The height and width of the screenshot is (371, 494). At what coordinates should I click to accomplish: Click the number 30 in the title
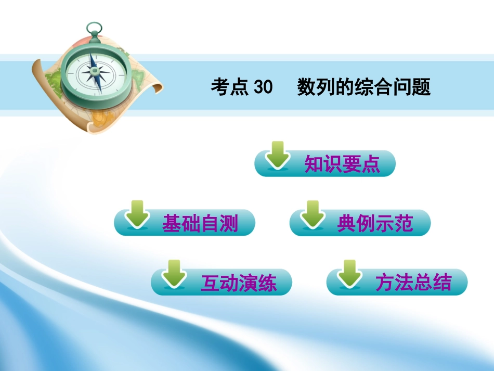pos(263,87)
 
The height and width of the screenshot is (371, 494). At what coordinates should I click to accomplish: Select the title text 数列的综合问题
pos(364,87)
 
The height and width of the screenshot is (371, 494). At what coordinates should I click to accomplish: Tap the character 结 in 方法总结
pos(443,283)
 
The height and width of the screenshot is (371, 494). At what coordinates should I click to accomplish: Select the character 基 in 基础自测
pos(171,224)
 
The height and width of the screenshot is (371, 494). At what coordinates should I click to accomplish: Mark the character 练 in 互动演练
pos(267,283)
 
